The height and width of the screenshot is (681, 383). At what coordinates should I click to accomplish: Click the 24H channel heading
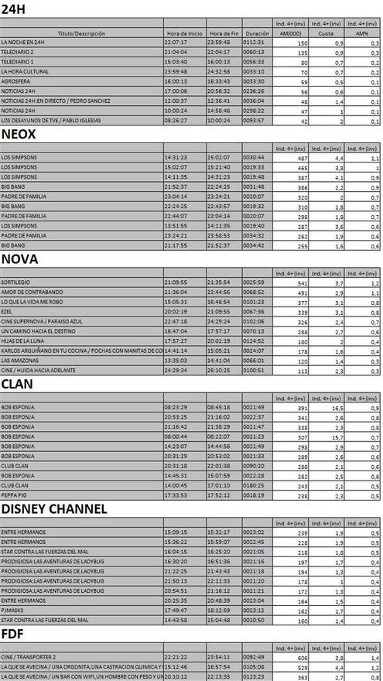point(13,9)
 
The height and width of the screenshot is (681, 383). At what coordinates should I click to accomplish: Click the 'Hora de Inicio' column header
point(183,34)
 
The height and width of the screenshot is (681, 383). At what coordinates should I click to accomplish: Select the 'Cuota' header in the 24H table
point(321,34)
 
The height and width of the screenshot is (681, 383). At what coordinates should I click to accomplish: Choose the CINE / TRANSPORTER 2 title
point(34,657)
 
